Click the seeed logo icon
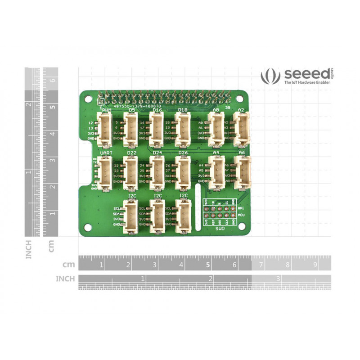click(x=270, y=75)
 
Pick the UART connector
click(x=105, y=174)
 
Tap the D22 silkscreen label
click(x=131, y=153)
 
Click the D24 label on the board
click(x=157, y=153)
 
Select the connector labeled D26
click(x=182, y=174)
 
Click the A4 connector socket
click(x=216, y=174)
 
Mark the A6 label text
click(x=242, y=153)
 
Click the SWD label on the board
click(x=220, y=229)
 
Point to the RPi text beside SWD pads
click(x=241, y=208)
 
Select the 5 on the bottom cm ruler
click(x=208, y=265)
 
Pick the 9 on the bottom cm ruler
click(x=315, y=265)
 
